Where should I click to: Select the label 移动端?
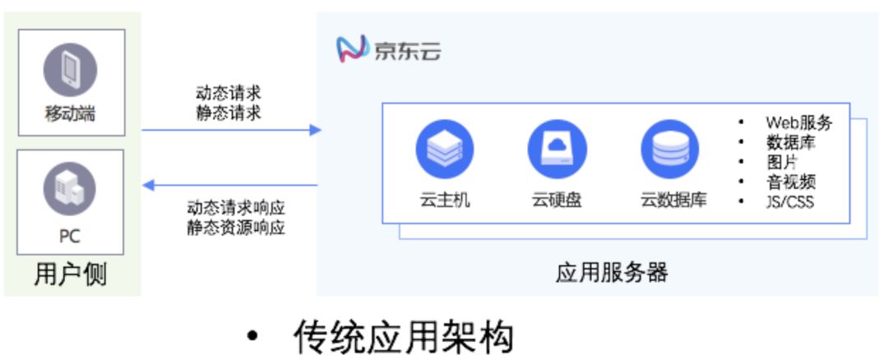tap(70, 114)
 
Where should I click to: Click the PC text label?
tap(70, 236)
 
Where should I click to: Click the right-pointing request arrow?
tap(230, 130)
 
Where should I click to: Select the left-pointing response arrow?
tap(230, 185)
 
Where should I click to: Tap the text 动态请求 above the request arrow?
tap(229, 92)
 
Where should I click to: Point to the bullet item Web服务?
tap(798, 123)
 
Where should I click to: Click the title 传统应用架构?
tap(404, 337)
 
